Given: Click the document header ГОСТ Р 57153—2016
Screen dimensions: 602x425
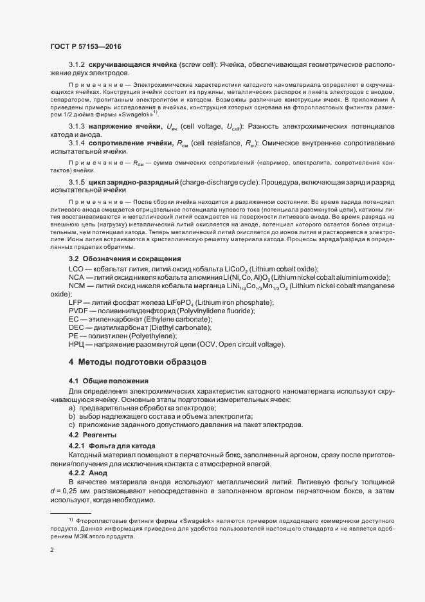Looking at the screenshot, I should pyautogui.click(x=86, y=47).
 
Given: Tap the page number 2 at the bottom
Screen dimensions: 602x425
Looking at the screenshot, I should pyautogui.click(x=52, y=551).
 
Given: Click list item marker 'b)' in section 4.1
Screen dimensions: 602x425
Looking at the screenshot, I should pyautogui.click(x=72, y=417).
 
